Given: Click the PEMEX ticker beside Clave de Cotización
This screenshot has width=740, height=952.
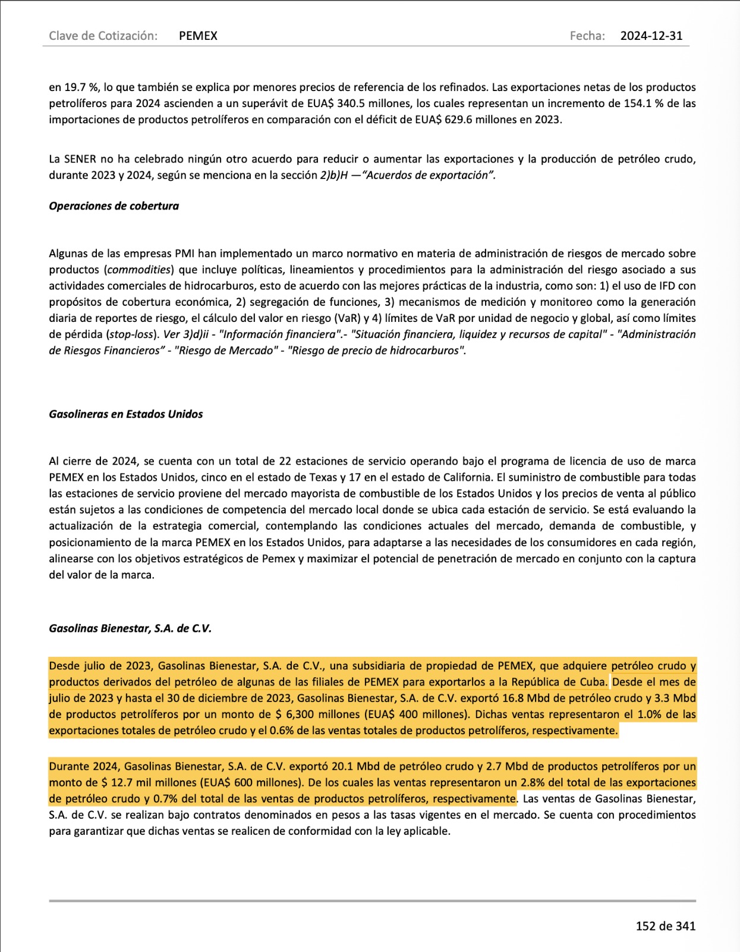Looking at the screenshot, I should [198, 36].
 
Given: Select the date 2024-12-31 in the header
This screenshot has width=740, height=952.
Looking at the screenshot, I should [651, 36].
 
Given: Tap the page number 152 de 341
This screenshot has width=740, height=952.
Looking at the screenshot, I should [665, 926].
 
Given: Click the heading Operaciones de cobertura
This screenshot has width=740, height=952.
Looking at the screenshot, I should [114, 206].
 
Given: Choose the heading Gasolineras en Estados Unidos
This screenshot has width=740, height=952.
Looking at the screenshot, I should [125, 414].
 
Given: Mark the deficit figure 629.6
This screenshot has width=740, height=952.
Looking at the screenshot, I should [461, 120].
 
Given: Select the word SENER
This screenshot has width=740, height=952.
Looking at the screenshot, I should [80, 159].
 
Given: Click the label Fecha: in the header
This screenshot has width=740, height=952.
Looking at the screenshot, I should [587, 36].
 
